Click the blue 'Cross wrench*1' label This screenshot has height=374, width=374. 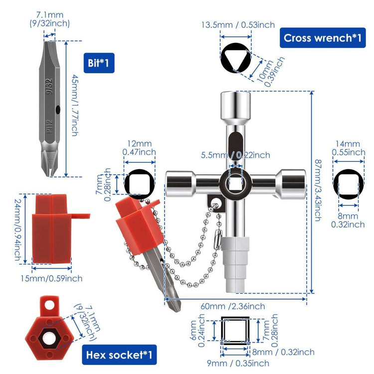click(x=323, y=38)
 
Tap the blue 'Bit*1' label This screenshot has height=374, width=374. click(x=99, y=63)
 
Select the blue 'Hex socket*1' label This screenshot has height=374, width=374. click(x=119, y=355)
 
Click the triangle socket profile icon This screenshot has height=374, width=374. click(x=236, y=58)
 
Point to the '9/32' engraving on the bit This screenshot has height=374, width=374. click(x=49, y=86)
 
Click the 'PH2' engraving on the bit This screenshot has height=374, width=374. click(x=49, y=126)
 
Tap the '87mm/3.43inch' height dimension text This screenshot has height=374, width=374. click(x=318, y=190)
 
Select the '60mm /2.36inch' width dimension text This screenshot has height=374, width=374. click(x=232, y=306)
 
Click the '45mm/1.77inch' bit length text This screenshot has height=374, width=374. click(x=75, y=105)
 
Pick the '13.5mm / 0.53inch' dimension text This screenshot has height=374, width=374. click(x=238, y=25)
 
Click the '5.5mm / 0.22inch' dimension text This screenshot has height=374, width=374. click(x=235, y=155)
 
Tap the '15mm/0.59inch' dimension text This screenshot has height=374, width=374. click(x=51, y=278)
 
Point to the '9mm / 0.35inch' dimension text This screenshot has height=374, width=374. click(x=238, y=363)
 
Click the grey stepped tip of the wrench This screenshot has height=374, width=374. click(x=235, y=265)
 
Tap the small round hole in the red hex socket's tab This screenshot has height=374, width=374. click(x=49, y=305)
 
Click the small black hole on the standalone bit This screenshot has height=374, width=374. click(x=58, y=110)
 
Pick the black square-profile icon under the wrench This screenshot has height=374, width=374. click(x=235, y=331)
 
